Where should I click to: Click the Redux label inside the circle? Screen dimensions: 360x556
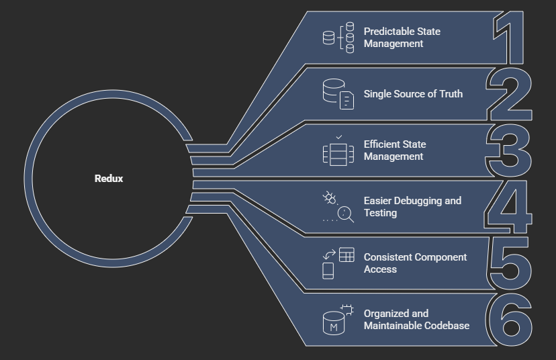(x=109, y=179)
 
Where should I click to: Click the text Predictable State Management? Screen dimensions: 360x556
(x=402, y=38)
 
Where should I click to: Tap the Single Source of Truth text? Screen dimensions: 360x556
(x=413, y=94)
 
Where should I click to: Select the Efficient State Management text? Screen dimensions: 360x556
(x=395, y=150)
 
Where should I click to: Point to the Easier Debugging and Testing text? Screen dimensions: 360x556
(x=412, y=207)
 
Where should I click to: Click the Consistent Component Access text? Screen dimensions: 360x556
(x=415, y=263)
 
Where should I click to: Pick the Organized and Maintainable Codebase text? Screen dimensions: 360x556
(x=416, y=320)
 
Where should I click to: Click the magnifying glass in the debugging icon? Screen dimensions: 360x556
(x=345, y=214)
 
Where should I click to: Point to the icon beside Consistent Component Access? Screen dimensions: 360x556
(x=338, y=263)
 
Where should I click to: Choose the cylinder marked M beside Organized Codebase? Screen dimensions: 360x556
(x=334, y=324)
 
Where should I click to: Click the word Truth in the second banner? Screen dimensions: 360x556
(x=450, y=94)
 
